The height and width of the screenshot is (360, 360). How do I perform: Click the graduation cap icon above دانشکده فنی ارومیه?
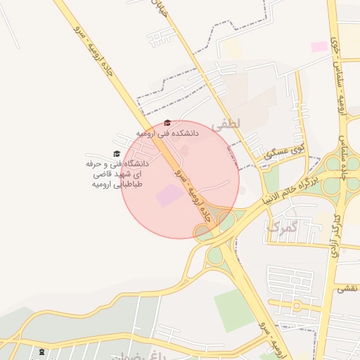click(x=167, y=122)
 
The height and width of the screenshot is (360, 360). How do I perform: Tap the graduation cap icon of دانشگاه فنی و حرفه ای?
click(x=116, y=154)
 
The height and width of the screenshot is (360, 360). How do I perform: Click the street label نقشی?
click(x=345, y=288)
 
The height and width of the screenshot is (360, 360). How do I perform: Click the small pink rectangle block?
click(x=319, y=46)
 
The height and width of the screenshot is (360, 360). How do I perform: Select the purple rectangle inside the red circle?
click(x=167, y=195)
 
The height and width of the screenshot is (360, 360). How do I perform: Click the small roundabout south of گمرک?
click(x=297, y=305)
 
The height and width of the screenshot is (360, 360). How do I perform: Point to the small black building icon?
click(x=43, y=350)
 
